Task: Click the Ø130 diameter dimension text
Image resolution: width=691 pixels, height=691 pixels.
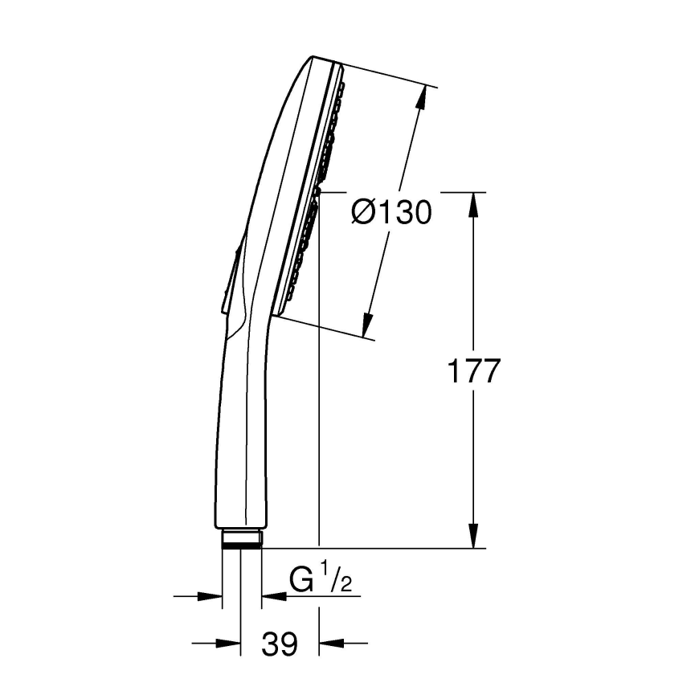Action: click(x=392, y=213)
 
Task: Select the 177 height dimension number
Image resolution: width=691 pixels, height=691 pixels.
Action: click(x=474, y=371)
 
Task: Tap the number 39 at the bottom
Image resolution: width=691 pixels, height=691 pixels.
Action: click(x=280, y=643)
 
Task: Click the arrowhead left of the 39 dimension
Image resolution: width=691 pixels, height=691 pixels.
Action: click(x=231, y=643)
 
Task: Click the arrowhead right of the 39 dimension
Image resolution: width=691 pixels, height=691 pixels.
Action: click(x=329, y=643)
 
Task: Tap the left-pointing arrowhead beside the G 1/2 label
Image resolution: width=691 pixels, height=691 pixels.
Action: click(x=271, y=596)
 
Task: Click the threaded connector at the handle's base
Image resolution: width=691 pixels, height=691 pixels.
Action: click(x=241, y=538)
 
